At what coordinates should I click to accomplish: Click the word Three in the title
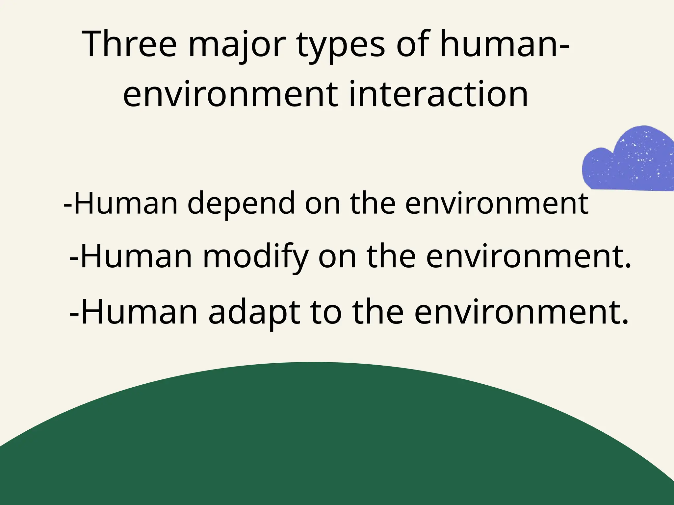[x=130, y=45]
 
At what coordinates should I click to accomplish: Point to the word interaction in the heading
[x=438, y=94]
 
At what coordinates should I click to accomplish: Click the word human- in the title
[x=504, y=45]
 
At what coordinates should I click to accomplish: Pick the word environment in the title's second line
[x=230, y=94]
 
